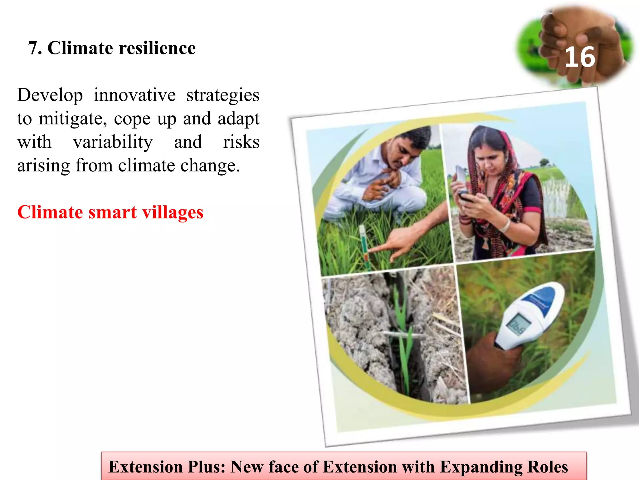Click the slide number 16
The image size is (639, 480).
(580, 57)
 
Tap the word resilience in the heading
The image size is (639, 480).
(157, 48)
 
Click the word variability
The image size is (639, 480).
(113, 142)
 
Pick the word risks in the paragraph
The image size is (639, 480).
(241, 142)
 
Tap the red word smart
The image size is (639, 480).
(112, 212)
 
